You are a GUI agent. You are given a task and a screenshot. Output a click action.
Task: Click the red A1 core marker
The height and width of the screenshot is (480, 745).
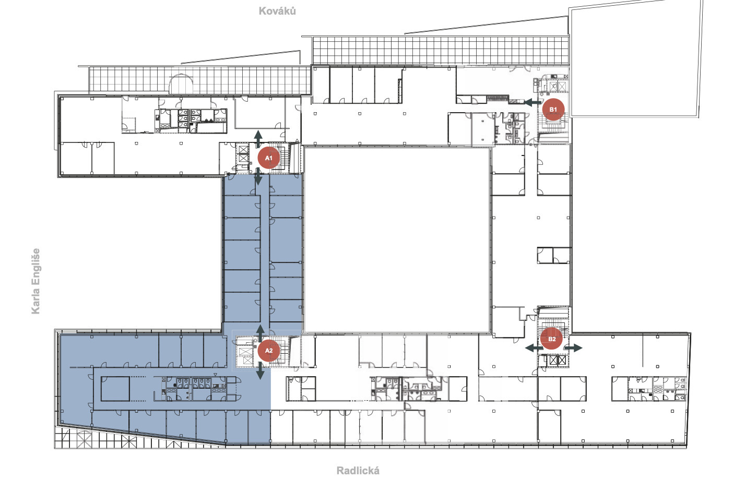(269, 158)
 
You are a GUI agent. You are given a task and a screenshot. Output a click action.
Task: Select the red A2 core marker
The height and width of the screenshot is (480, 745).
(269, 351)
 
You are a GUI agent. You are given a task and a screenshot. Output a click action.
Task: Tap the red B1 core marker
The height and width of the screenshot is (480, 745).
(553, 110)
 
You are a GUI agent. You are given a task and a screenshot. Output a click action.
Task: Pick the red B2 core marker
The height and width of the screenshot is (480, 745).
(552, 339)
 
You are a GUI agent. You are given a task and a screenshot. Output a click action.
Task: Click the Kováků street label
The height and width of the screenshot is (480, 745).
(277, 11)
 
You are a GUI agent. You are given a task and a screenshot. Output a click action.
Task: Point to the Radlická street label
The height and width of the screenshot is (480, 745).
(358, 471)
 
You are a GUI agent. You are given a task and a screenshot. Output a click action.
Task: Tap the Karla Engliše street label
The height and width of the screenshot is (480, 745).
(36, 281)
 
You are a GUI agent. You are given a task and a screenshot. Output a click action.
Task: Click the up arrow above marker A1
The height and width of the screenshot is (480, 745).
(258, 139)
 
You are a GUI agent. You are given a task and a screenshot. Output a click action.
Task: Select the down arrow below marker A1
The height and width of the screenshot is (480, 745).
(258, 176)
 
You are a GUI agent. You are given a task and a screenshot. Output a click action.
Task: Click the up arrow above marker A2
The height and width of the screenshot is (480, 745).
(260, 333)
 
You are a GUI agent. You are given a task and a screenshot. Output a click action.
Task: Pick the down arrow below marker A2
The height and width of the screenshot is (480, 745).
(260, 370)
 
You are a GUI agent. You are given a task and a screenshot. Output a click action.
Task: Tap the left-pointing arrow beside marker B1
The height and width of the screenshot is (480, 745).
(533, 102)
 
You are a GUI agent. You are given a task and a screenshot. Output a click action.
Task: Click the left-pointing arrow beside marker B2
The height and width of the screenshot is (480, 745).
(534, 348)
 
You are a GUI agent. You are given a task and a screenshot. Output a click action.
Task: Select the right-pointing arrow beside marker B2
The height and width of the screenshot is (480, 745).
(573, 348)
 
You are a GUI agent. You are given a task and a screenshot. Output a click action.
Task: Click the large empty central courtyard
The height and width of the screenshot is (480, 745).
(397, 240)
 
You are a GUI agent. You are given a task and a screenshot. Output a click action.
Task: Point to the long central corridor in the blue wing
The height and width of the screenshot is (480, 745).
(265, 249)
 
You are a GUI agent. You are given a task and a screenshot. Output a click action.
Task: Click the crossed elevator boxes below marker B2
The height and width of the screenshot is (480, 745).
(558, 360)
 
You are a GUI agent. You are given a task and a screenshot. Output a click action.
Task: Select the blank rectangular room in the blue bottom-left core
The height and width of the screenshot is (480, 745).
(115, 389)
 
